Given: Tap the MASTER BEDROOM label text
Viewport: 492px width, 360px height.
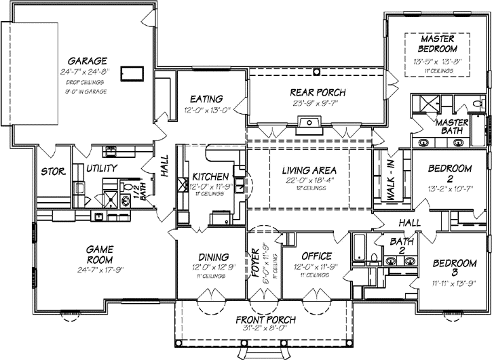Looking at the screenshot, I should pyautogui.click(x=436, y=44).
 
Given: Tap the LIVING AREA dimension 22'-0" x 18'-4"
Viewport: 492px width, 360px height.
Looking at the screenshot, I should pyautogui.click(x=311, y=180).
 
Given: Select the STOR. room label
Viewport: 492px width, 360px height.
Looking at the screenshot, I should pyautogui.click(x=53, y=172).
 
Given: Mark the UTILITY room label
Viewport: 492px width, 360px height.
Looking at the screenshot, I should pyautogui.click(x=102, y=168).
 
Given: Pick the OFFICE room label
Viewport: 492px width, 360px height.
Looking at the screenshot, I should pyautogui.click(x=316, y=256).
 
